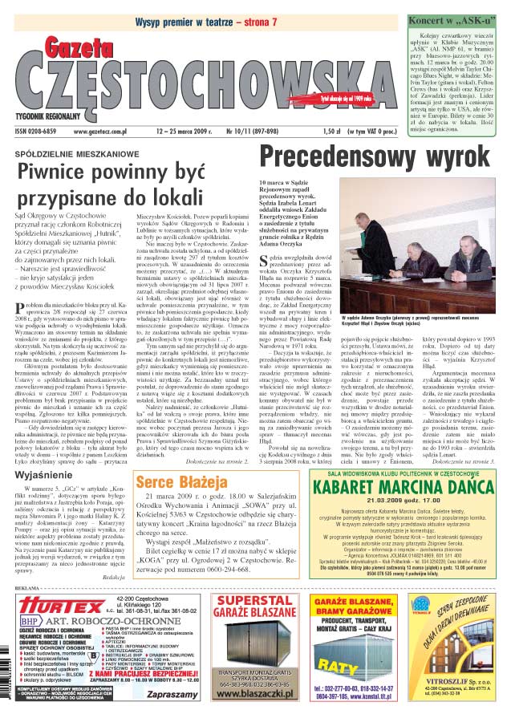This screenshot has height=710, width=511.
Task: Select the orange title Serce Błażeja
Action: coord(180,482)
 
